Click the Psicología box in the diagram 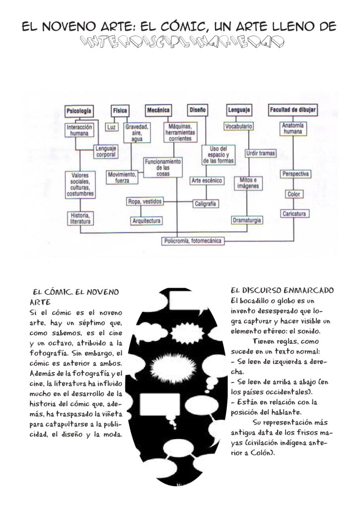[x=79, y=111]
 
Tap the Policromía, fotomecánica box [x=192, y=241]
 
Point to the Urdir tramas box [x=261, y=154]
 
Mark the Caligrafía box [x=205, y=203]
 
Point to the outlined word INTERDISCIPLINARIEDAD [x=179, y=42]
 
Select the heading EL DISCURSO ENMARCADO [x=283, y=290]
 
